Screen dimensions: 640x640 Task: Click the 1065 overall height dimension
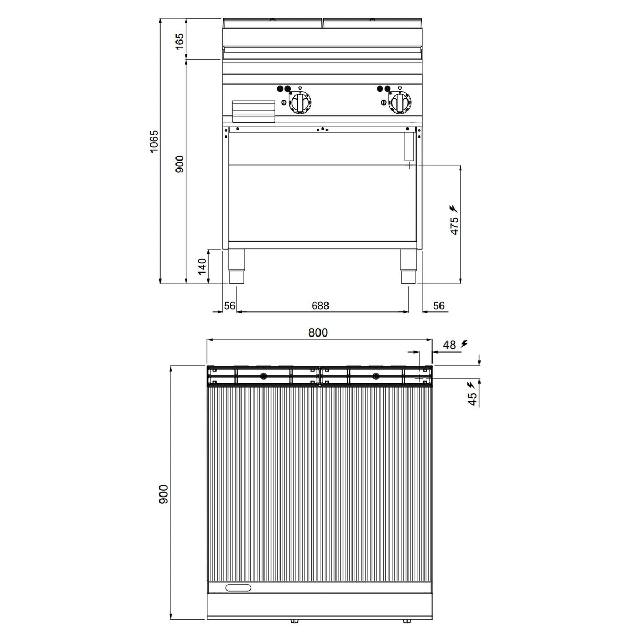pyautogui.click(x=154, y=141)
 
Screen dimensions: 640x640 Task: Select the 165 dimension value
pyautogui.click(x=179, y=41)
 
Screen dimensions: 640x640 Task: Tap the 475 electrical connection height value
pyautogui.click(x=454, y=226)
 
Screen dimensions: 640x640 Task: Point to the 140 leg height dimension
pyautogui.click(x=202, y=266)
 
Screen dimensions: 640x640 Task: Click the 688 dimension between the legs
pyautogui.click(x=320, y=306)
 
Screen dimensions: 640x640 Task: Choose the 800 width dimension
pyautogui.click(x=318, y=332)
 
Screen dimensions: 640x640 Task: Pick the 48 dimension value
pyautogui.click(x=450, y=345)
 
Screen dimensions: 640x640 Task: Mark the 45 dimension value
pyautogui.click(x=472, y=399)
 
